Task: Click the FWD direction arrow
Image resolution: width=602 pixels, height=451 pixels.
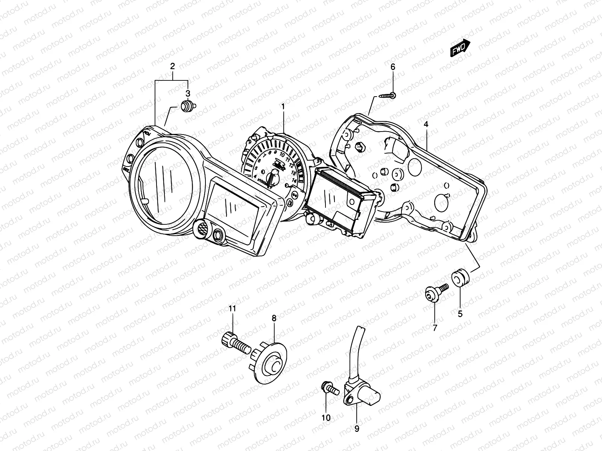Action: tap(460, 47)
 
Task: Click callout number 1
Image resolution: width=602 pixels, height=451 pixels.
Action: tap(283, 107)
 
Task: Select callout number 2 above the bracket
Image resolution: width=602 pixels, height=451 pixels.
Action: tap(173, 67)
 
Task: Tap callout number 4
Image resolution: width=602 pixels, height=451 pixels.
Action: tap(426, 124)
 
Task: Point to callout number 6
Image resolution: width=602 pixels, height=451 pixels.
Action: tap(393, 67)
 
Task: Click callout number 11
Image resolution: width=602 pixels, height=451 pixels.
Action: tap(232, 309)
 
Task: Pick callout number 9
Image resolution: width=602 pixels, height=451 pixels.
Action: tap(357, 428)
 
